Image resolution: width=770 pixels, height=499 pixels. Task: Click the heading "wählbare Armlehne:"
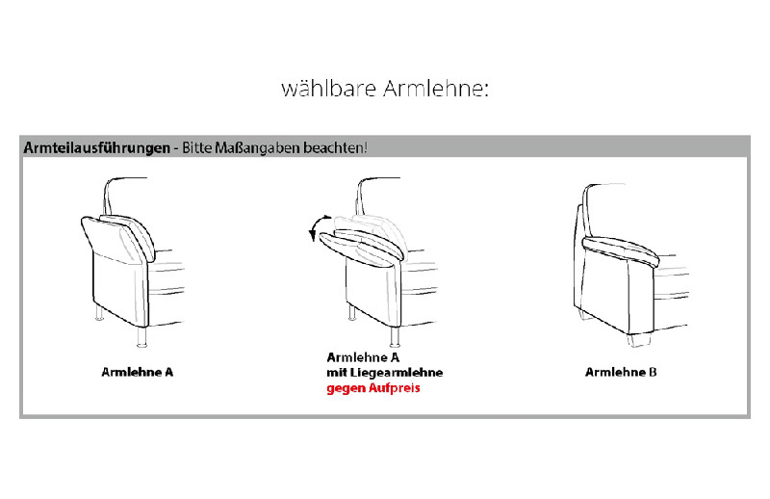tap(385, 89)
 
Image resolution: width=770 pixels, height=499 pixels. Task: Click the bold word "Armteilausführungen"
tap(95, 148)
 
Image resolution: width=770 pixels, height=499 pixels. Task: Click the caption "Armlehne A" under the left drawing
tap(137, 371)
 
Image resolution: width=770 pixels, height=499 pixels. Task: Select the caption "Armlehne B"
tap(620, 371)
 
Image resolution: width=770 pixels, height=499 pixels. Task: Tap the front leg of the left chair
tap(141, 336)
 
